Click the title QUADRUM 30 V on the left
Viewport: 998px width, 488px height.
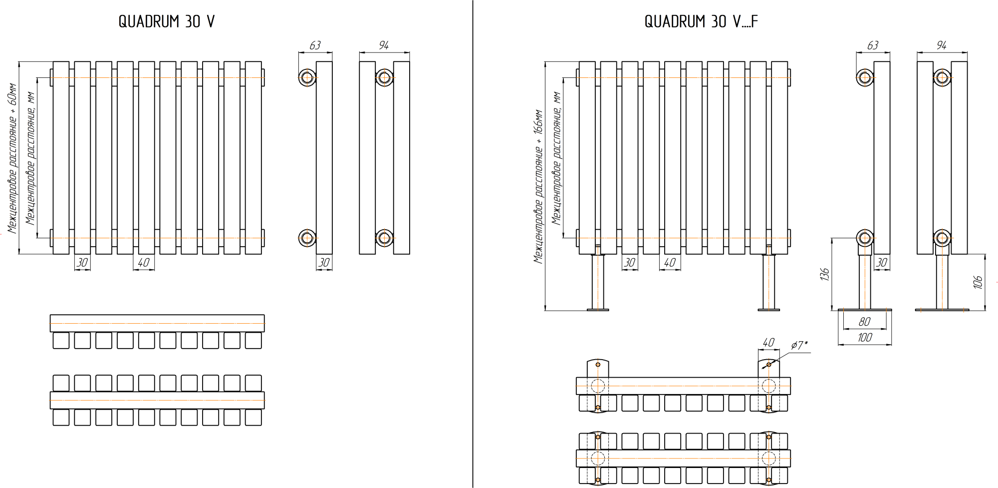pyautogui.click(x=167, y=21)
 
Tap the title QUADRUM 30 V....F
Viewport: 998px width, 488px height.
pyautogui.click(x=701, y=21)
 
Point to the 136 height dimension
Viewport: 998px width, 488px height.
pyautogui.click(x=824, y=274)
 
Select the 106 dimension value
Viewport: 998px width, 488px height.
pyautogui.click(x=978, y=282)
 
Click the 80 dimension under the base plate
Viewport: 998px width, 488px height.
pyautogui.click(x=865, y=322)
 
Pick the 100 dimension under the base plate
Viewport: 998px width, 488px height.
pyautogui.click(x=865, y=338)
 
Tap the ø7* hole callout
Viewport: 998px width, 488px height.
pyautogui.click(x=799, y=345)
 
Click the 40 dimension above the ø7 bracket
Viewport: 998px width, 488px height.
pyautogui.click(x=768, y=342)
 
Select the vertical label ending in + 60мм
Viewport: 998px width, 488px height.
pyautogui.click(x=12, y=159)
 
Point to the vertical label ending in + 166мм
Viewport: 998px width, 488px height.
pyautogui.click(x=538, y=187)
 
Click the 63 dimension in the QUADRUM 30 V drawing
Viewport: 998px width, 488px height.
pyautogui.click(x=315, y=45)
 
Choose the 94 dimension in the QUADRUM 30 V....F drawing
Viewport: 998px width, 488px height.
pyautogui.click(x=941, y=45)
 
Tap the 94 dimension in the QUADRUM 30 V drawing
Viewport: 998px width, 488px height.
pyautogui.click(x=383, y=45)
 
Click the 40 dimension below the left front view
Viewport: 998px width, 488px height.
pyautogui.click(x=144, y=263)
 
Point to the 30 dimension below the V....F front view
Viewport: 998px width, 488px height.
pyautogui.click(x=630, y=263)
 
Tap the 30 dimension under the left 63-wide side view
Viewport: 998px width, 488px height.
pyautogui.click(x=324, y=263)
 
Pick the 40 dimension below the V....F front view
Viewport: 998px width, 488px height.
pyautogui.click(x=670, y=263)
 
